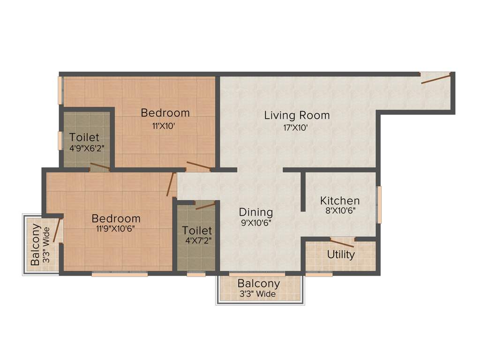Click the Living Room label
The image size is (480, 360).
[297, 115]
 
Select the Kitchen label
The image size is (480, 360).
[340, 201]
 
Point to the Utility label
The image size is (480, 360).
[341, 255]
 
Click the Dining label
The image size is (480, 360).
[255, 212]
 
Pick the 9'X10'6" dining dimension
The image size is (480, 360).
[256, 223]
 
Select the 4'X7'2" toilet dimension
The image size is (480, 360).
[197, 241]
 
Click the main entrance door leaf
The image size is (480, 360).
[435, 78]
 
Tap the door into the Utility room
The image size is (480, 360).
[342, 243]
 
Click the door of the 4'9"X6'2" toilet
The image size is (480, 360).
[100, 167]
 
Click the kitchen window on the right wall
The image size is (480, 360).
[379, 204]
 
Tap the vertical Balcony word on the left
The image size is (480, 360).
[35, 244]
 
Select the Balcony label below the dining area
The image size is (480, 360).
[259, 284]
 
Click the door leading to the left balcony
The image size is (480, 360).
[58, 231]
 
